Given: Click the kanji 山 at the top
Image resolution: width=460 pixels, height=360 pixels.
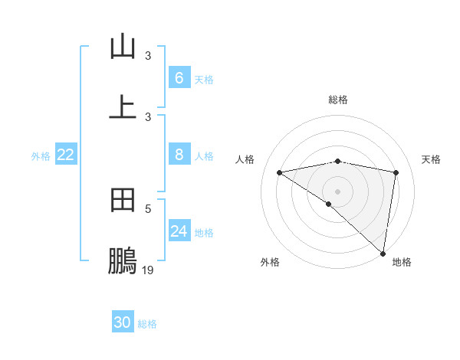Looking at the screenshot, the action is pyautogui.click(x=123, y=47).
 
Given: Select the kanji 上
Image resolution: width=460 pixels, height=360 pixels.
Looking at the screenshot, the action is pyautogui.click(x=123, y=106).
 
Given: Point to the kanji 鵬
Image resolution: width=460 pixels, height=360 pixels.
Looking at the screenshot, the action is pyautogui.click(x=123, y=261).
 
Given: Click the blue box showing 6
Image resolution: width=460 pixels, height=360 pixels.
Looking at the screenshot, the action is pyautogui.click(x=179, y=78).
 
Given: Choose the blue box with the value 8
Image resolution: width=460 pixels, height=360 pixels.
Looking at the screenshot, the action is pyautogui.click(x=179, y=155).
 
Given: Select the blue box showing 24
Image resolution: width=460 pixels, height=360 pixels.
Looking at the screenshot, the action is pyautogui.click(x=179, y=231).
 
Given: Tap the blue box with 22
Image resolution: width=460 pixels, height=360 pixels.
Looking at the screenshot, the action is pyautogui.click(x=65, y=155).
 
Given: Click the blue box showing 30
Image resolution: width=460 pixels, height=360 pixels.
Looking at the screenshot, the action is pyautogui.click(x=123, y=322).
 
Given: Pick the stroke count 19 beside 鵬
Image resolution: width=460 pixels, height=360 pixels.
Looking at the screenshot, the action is pyautogui.click(x=148, y=270).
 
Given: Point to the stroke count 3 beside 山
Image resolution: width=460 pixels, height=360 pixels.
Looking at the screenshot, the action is pyautogui.click(x=148, y=55).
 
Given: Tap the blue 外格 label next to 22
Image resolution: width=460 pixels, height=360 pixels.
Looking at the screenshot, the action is pyautogui.click(x=41, y=155).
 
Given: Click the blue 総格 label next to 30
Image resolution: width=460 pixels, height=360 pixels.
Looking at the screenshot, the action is pyautogui.click(x=147, y=323).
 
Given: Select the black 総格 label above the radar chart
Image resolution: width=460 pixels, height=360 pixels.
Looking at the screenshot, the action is pyautogui.click(x=338, y=100).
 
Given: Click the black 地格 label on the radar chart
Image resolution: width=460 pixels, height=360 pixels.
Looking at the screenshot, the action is pyautogui.click(x=402, y=262).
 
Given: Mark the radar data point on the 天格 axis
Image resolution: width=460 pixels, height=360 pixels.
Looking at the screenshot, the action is pyautogui.click(x=396, y=172).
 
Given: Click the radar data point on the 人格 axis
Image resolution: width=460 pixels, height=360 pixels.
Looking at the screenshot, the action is pyautogui.click(x=280, y=172).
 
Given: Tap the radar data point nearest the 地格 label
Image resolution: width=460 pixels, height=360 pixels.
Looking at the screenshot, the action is pyautogui.click(x=383, y=254).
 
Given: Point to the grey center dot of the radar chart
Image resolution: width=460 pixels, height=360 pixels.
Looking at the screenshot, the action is pyautogui.click(x=338, y=191).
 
